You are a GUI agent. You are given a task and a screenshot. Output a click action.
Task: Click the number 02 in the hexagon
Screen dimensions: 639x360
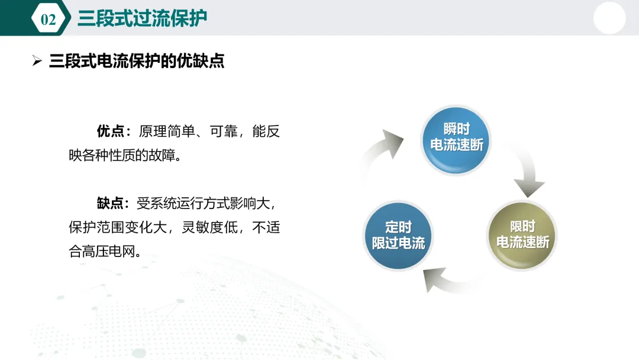point(48,19)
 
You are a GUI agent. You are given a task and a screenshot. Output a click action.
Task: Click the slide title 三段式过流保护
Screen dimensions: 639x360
point(142,18)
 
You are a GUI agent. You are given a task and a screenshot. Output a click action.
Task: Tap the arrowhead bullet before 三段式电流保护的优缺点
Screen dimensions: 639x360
point(37,61)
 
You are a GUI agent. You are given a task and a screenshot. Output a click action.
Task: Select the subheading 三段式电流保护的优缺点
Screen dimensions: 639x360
point(137,61)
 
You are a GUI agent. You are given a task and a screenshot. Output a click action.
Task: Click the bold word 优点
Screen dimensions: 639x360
point(111,131)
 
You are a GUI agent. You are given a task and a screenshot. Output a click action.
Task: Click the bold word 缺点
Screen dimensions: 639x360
point(110,203)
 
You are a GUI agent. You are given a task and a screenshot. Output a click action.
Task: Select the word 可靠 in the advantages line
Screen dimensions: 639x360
point(223,131)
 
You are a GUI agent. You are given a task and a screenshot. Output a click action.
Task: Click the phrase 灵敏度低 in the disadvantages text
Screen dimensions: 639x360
point(210,227)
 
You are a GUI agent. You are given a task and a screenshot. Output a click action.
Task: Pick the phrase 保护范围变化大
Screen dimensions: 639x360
point(118,227)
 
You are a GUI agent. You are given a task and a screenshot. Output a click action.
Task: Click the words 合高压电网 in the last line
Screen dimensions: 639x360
point(102,251)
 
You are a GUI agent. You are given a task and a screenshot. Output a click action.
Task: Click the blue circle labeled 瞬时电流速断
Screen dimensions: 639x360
point(456,140)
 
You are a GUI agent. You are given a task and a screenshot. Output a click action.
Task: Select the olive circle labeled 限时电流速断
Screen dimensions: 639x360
point(522,235)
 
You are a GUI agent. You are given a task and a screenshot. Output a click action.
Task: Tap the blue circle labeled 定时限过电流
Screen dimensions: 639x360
point(398,236)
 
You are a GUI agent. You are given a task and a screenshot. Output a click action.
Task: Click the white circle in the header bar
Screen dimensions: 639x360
point(609,18)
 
